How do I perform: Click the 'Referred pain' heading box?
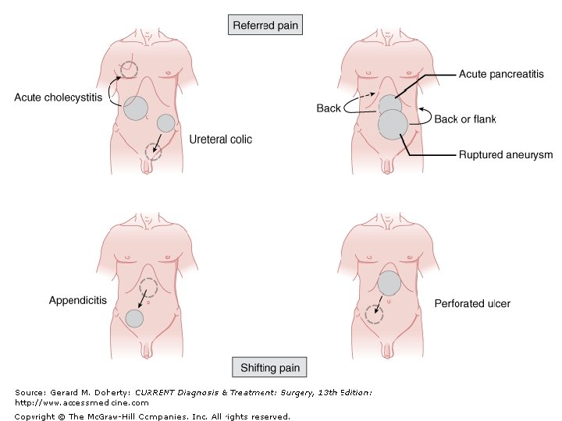click(265, 25)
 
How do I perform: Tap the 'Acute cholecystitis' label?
click(58, 98)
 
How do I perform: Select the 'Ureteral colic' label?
click(221, 140)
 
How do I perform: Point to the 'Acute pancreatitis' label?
click(501, 74)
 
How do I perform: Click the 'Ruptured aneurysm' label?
click(505, 155)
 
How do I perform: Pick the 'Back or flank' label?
click(465, 119)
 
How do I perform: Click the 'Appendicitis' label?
click(78, 300)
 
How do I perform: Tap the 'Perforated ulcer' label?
click(472, 302)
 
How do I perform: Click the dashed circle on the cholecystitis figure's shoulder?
click(127, 71)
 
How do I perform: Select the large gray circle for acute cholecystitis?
click(136, 108)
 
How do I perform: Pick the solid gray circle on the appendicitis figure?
click(134, 318)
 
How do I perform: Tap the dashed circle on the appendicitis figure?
click(148, 288)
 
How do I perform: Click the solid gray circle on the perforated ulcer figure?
click(389, 283)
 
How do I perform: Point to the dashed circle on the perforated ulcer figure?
click(375, 314)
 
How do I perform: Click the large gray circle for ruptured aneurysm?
click(393, 125)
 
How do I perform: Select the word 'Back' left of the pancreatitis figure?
click(329, 108)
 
